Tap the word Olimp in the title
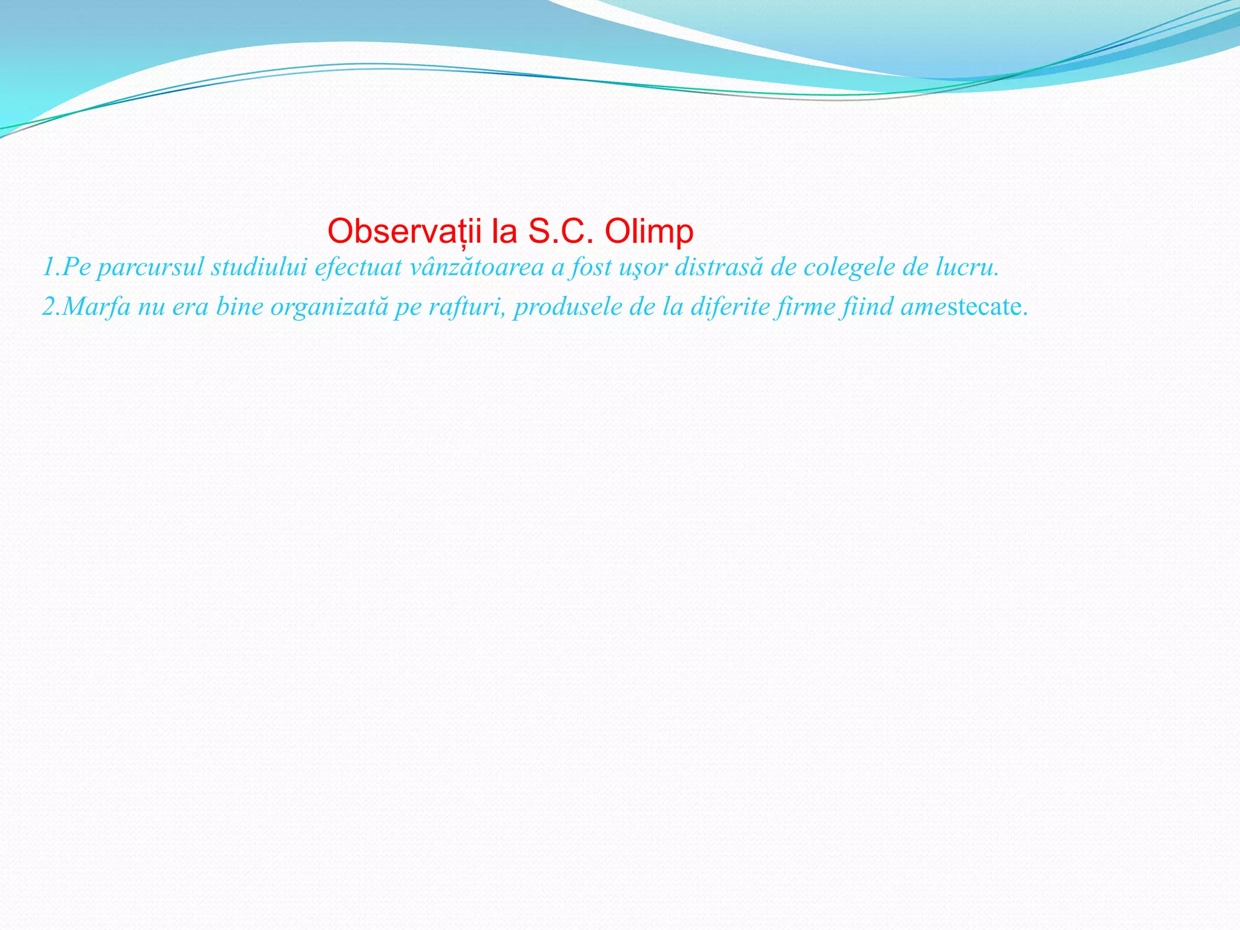click(648, 231)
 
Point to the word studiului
click(259, 267)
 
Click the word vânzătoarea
click(477, 267)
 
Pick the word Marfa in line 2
click(96, 306)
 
